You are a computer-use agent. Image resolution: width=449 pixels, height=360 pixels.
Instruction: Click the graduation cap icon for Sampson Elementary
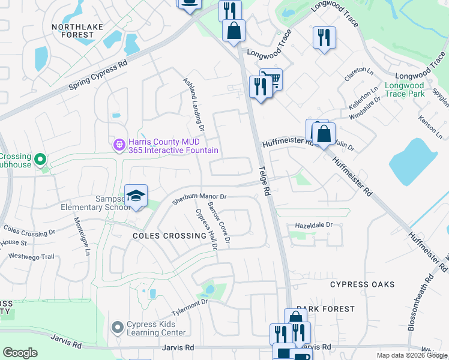tap(136, 196)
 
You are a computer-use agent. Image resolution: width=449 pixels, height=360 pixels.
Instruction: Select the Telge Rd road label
tap(263, 181)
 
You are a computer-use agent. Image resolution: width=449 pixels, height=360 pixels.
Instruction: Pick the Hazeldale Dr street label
tap(313, 224)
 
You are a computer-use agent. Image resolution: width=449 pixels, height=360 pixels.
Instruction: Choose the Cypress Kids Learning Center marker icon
tap(118, 328)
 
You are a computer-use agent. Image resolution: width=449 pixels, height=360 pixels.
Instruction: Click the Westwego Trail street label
tap(31, 256)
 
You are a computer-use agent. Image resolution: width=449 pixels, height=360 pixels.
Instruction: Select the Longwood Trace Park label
tap(405, 89)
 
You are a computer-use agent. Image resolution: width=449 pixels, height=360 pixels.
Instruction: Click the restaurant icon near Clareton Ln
tap(324, 38)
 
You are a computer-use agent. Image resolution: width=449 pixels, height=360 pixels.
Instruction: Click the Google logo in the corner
tap(20, 352)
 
